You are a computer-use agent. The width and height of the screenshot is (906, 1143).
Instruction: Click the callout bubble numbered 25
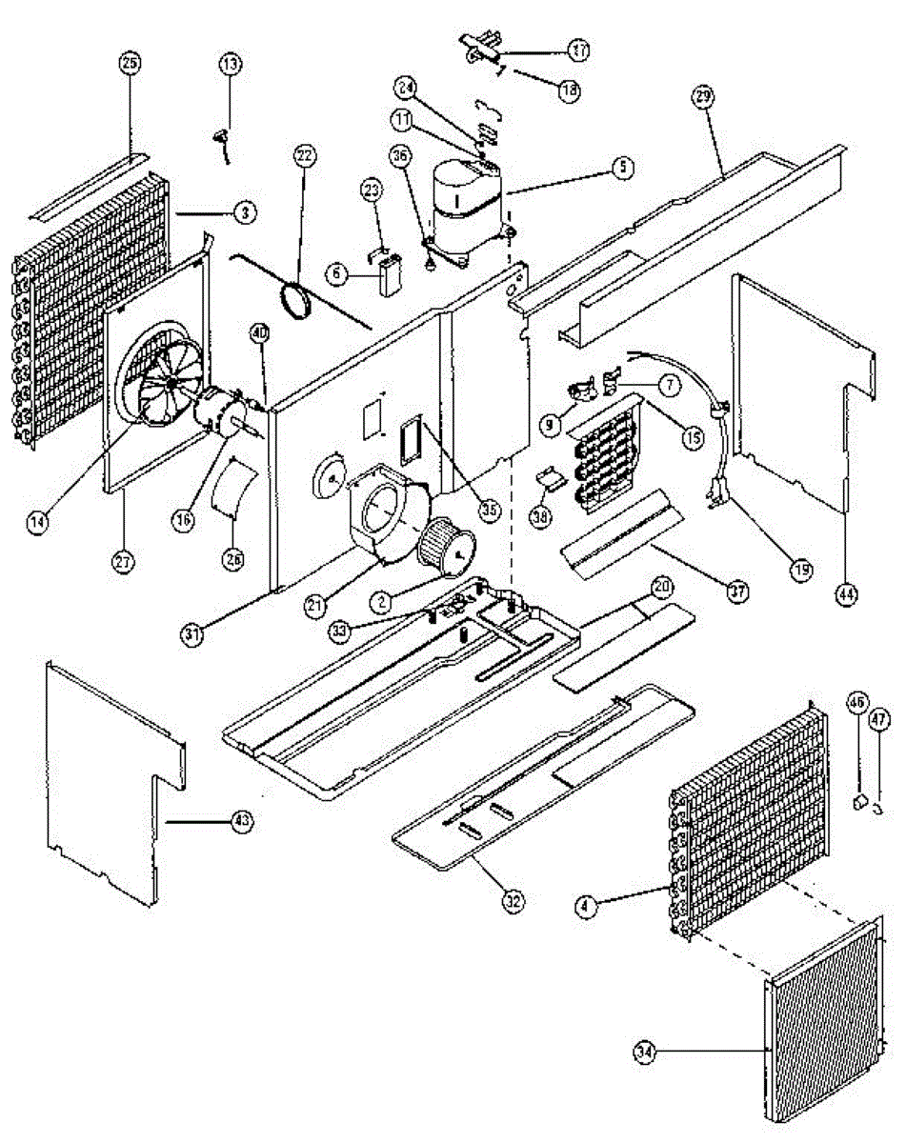[130, 63]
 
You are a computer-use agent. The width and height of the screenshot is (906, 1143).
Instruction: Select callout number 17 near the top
[579, 49]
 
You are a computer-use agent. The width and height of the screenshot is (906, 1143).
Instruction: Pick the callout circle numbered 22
[305, 155]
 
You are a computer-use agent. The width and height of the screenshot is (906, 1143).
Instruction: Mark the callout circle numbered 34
[646, 1052]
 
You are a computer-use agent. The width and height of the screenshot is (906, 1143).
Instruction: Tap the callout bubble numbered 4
[587, 908]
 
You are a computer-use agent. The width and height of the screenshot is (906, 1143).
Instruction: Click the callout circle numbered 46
[856, 705]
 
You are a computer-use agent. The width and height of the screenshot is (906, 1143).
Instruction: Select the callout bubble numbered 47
[879, 717]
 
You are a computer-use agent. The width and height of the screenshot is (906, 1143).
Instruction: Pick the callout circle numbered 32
[514, 902]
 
